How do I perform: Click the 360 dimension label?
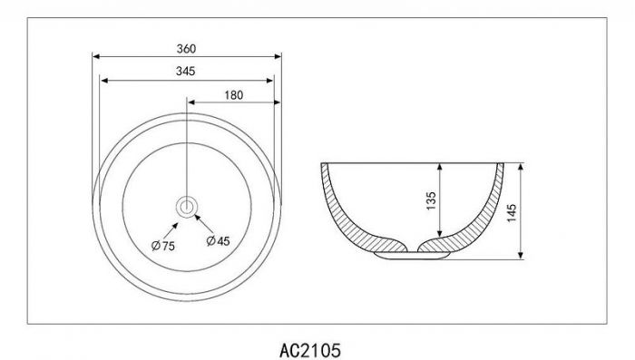click(x=186, y=49)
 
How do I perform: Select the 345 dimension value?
click(x=185, y=72)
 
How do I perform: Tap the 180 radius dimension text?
click(x=234, y=95)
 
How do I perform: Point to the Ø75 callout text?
click(x=162, y=246)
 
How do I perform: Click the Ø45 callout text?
click(x=218, y=241)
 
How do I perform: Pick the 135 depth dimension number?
click(x=431, y=200)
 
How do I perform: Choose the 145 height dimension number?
click(x=512, y=213)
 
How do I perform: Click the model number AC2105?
click(x=310, y=350)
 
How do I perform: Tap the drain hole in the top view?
click(x=187, y=207)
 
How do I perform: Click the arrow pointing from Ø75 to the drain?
click(x=171, y=231)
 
